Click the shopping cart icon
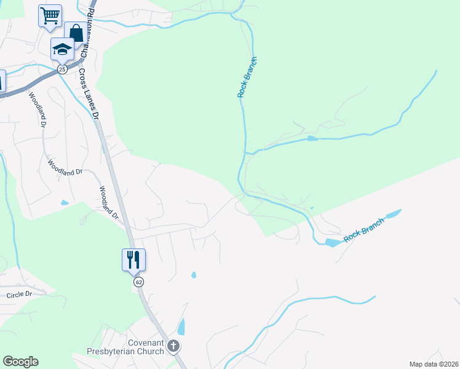pos(50,15)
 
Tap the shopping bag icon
pos(76,33)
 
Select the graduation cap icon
pos(62,49)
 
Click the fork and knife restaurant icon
pos(133,260)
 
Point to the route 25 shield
pos(62,69)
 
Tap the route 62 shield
pos(139,282)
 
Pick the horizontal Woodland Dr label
pos(65,168)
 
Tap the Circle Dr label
pos(19,295)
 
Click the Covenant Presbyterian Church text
pos(146,347)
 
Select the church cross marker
pos(173,346)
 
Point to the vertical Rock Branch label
pos(247,77)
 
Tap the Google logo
pos(20,362)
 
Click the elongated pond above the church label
pos(181,327)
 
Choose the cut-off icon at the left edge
pos(2,82)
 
